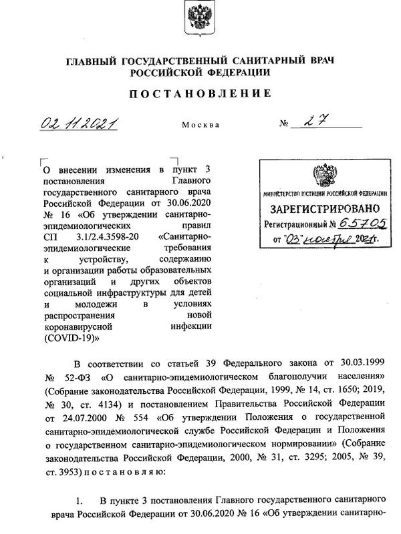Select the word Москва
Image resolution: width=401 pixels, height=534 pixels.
(199, 126)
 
